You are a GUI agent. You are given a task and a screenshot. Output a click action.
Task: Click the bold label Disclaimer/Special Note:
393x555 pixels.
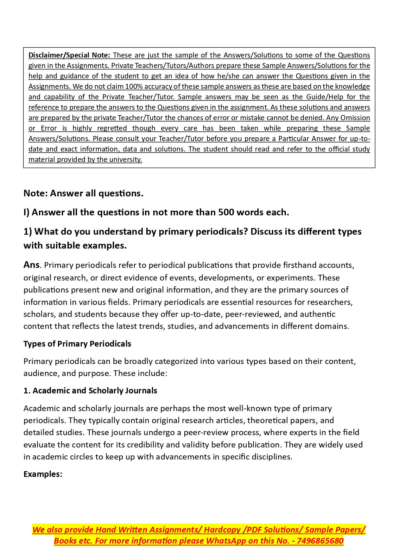69,55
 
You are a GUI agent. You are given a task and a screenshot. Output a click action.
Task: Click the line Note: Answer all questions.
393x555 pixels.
83,193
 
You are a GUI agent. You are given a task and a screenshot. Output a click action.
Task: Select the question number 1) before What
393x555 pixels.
28,231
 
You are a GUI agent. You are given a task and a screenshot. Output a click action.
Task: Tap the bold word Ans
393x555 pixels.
31,265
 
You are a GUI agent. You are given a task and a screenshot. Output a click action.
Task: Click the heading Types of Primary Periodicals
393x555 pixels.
77,344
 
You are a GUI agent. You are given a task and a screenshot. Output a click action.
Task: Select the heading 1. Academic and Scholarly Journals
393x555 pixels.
90,391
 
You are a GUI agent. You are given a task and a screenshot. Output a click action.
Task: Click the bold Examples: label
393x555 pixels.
43,474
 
